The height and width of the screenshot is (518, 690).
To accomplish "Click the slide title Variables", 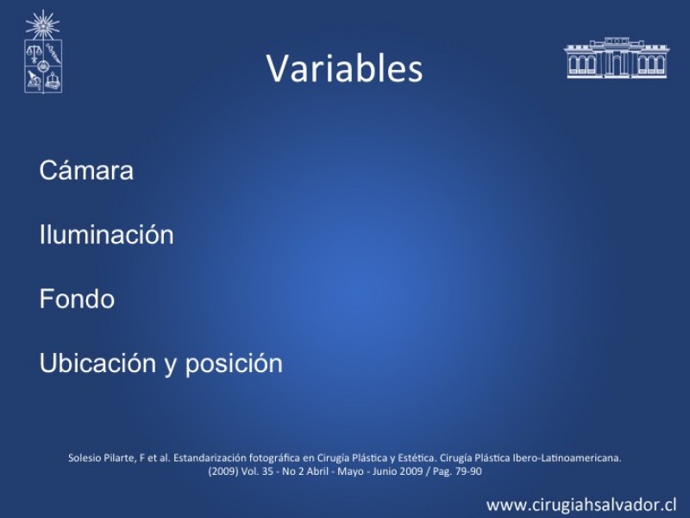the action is [x=344, y=68].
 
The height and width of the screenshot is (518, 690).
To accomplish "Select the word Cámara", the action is [x=86, y=170].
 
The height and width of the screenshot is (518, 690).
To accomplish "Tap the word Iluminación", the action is [x=106, y=234].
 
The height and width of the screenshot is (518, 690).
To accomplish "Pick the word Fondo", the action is [x=77, y=299].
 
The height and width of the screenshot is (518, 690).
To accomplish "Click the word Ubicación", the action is [x=97, y=363].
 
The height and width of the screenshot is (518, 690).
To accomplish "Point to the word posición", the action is [x=234, y=364].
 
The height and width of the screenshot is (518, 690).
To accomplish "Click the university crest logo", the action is [x=42, y=52].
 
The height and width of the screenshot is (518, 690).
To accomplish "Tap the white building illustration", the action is [x=617, y=58].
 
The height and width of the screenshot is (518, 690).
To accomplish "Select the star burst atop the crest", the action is [x=42, y=25].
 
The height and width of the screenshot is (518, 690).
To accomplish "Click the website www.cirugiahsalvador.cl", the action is [x=581, y=504].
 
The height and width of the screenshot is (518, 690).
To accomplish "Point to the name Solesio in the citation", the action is [x=85, y=458].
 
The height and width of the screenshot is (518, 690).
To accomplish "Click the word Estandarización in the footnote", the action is [x=210, y=458].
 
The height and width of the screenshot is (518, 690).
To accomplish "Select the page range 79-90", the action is [x=469, y=471].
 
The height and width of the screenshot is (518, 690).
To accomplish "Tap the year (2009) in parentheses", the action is [x=223, y=471].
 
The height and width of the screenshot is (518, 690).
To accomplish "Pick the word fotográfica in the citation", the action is [x=274, y=458].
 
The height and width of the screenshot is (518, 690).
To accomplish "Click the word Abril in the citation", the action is [x=317, y=471].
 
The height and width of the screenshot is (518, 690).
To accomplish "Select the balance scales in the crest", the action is [x=34, y=54].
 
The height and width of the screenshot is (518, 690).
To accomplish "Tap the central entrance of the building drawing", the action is [x=617, y=63].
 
